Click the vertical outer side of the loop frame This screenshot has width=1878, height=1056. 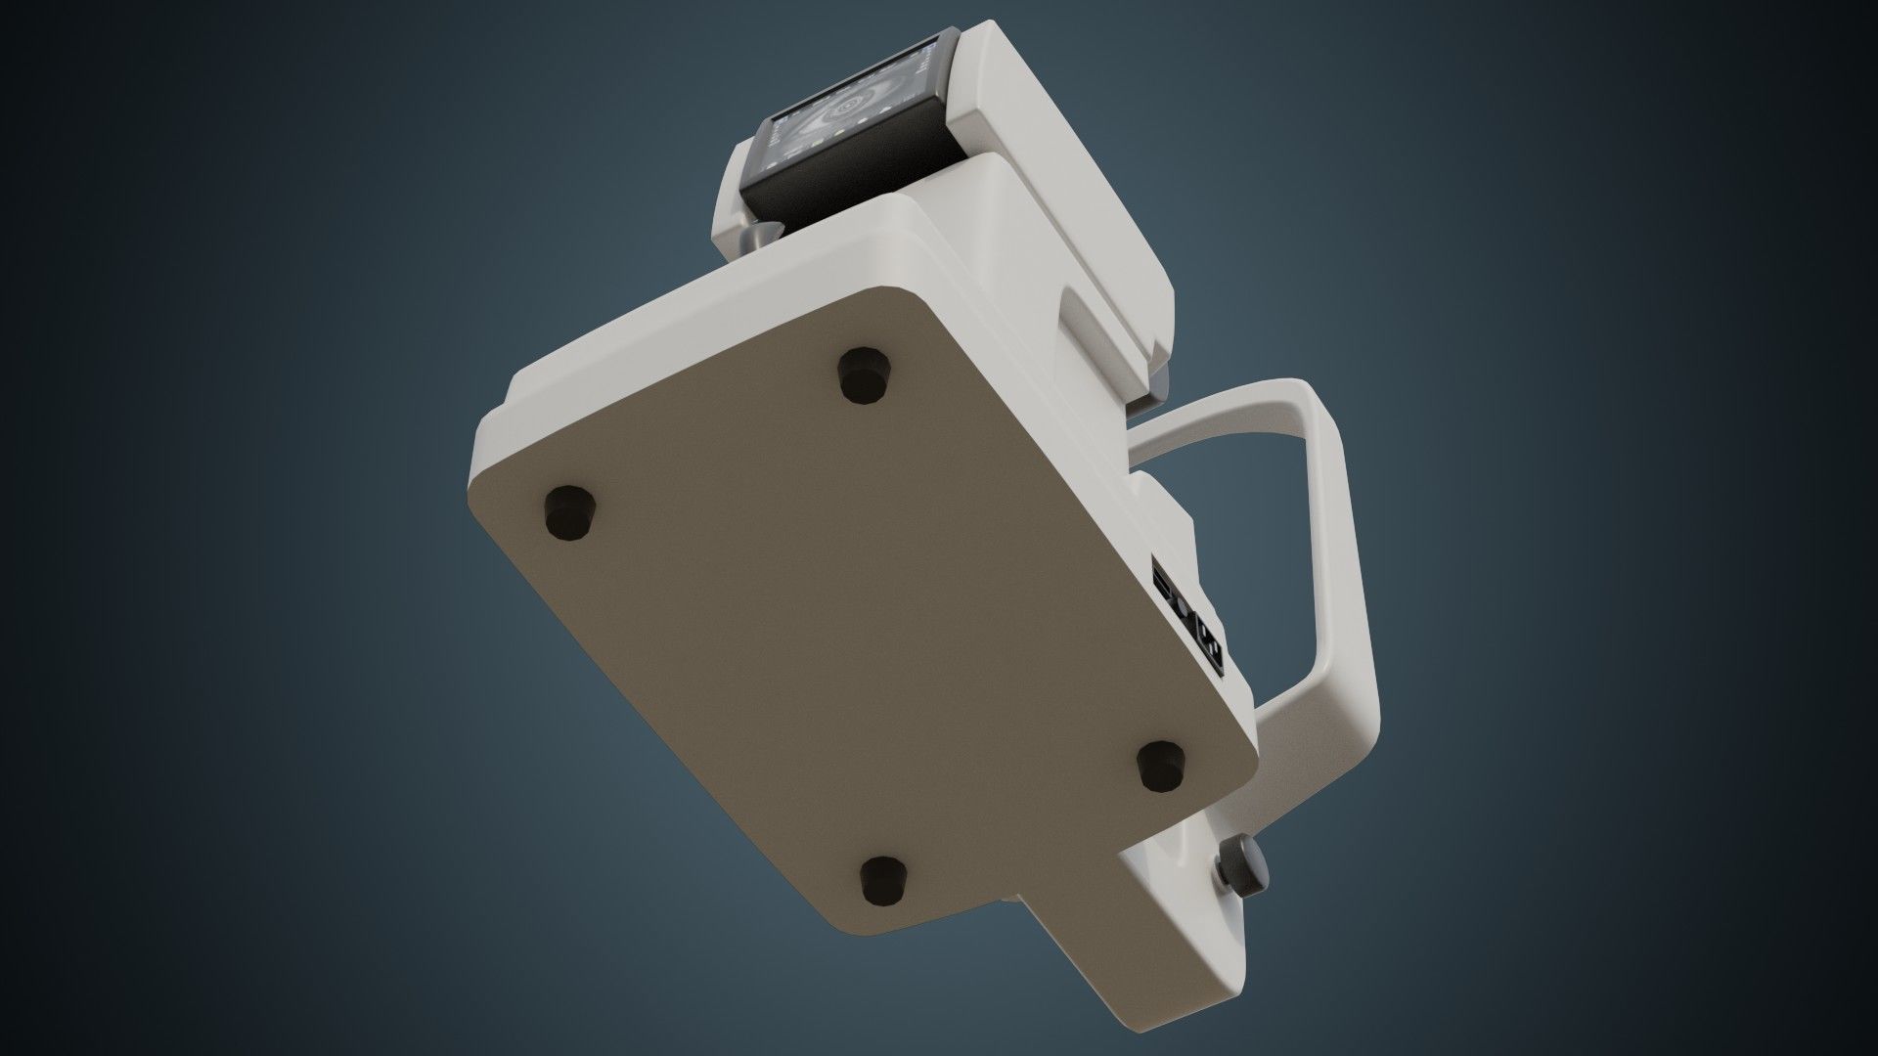[x=1355, y=587]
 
